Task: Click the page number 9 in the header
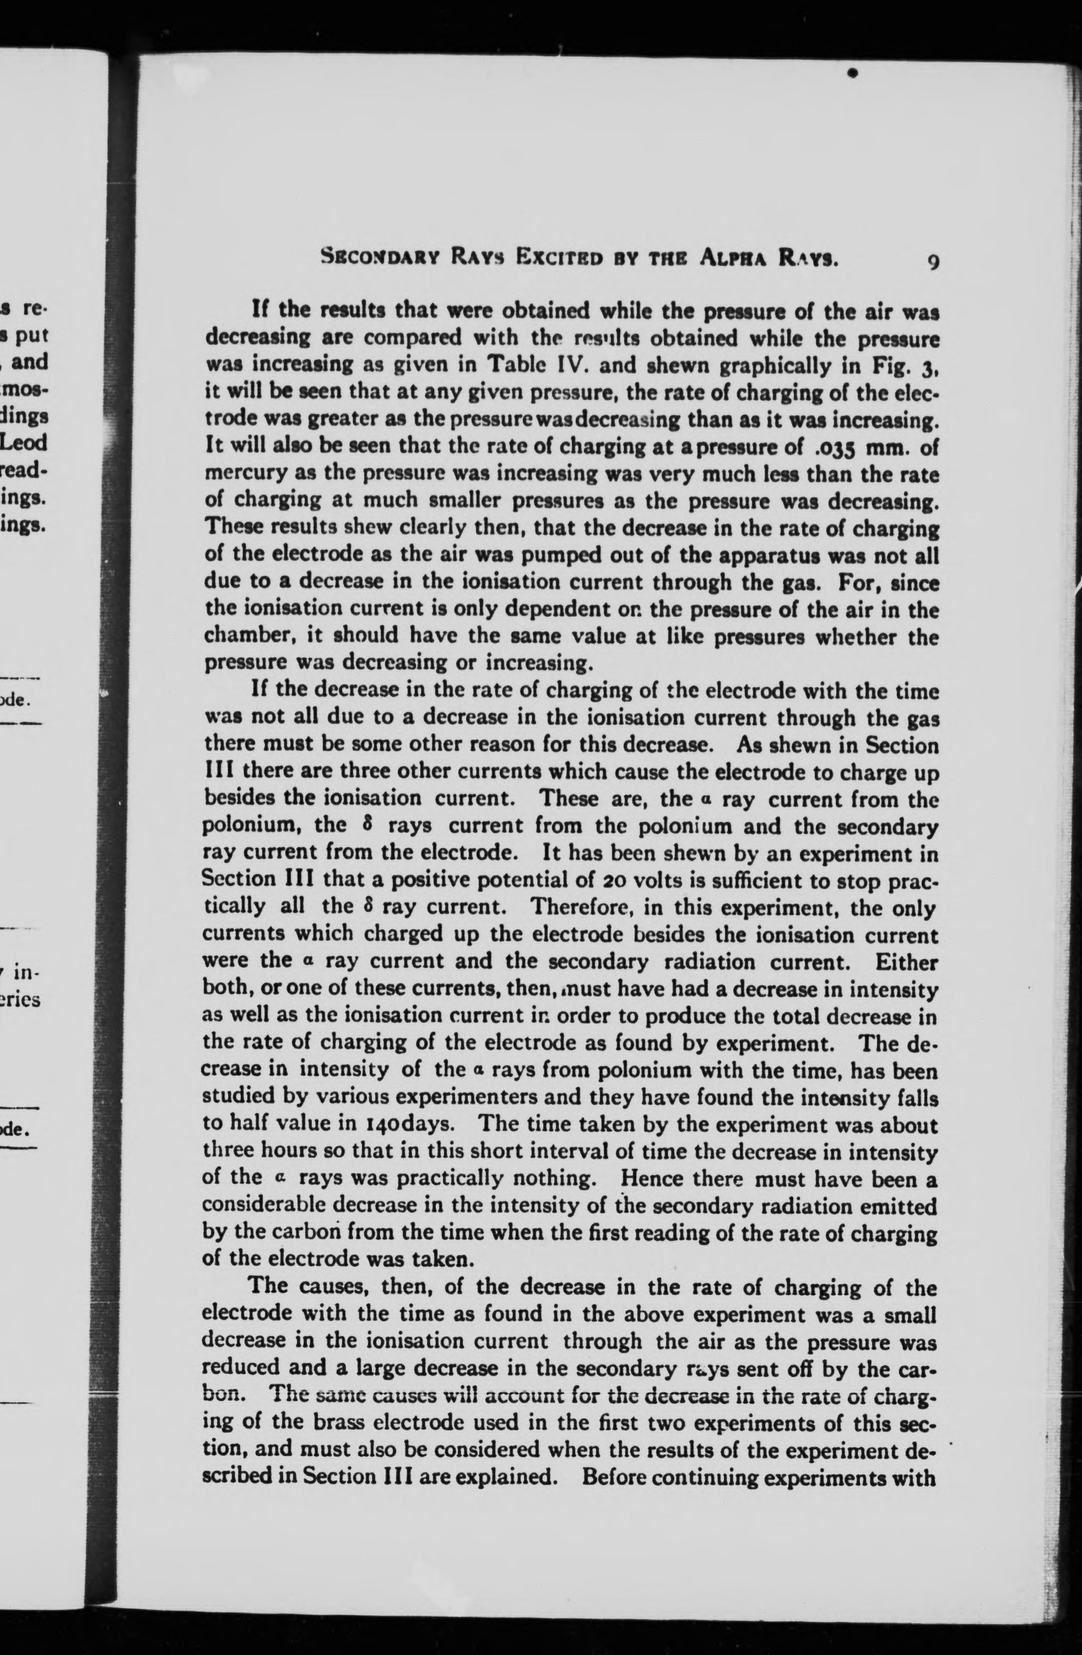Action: tap(933, 262)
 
